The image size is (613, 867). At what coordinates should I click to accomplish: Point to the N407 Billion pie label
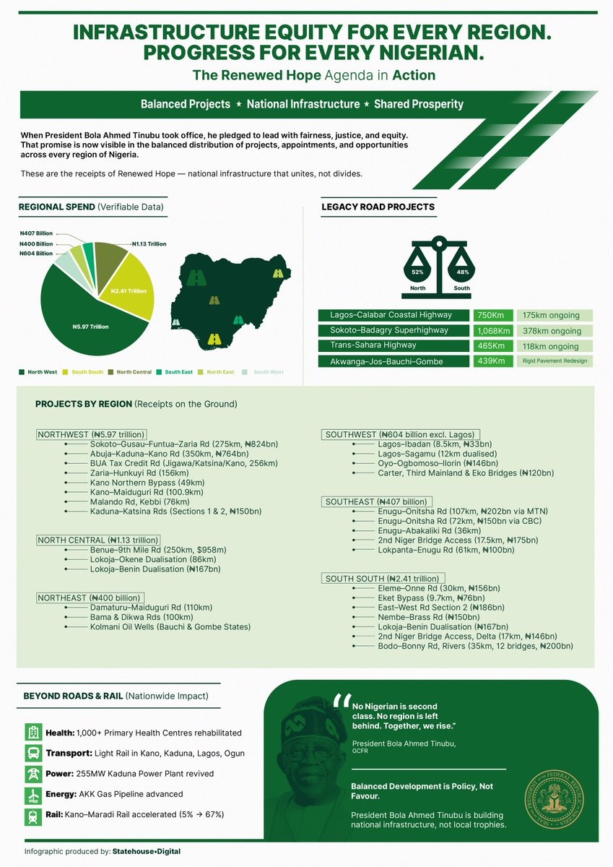coord(36,233)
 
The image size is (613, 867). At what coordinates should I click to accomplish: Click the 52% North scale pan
coord(417,272)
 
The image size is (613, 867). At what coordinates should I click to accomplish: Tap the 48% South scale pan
coord(463,272)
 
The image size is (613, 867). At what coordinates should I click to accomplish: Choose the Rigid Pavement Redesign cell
coord(555,361)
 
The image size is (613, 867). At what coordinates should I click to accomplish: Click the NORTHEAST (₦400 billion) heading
coord(88,598)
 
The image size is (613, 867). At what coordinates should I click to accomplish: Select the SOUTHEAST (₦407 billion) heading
coord(377,501)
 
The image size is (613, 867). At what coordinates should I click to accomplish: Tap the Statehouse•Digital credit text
coord(147,852)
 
